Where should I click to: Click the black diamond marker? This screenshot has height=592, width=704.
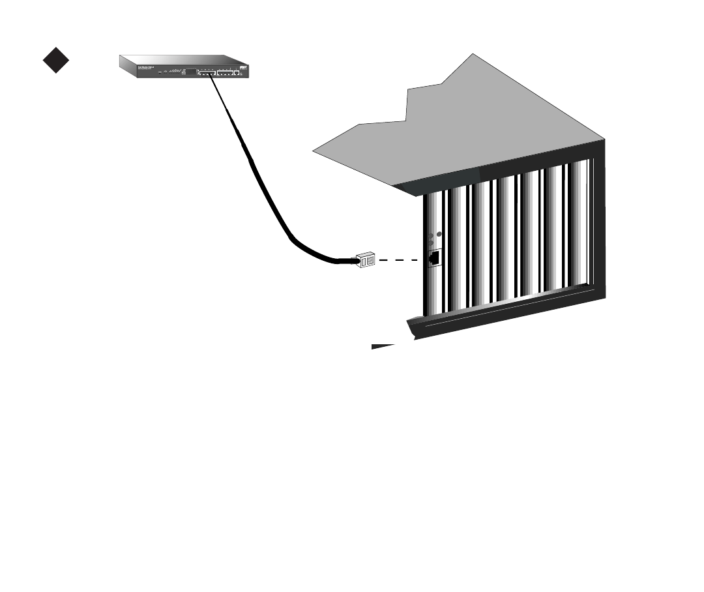tap(56, 61)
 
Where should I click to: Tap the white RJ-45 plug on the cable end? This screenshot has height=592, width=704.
tap(365, 259)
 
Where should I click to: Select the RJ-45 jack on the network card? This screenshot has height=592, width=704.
tap(433, 258)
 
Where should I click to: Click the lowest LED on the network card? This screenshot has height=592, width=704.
tap(430, 243)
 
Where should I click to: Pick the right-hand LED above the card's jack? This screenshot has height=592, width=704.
tap(439, 234)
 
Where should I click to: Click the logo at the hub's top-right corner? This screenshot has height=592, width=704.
tap(242, 66)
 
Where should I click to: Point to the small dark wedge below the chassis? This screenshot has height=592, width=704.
tap(385, 346)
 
